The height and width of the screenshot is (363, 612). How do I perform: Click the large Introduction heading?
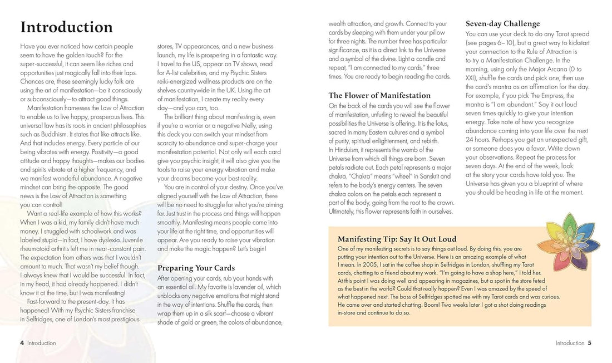tap(66, 27)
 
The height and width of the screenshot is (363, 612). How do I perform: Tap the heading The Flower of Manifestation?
tap(379, 95)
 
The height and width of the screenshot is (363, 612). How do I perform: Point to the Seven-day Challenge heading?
tap(502, 24)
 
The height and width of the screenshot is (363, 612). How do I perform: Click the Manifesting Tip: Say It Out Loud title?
tap(397, 239)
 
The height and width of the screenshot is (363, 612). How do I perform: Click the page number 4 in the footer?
tap(22, 343)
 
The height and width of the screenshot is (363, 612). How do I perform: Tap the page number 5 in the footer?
tap(589, 343)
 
